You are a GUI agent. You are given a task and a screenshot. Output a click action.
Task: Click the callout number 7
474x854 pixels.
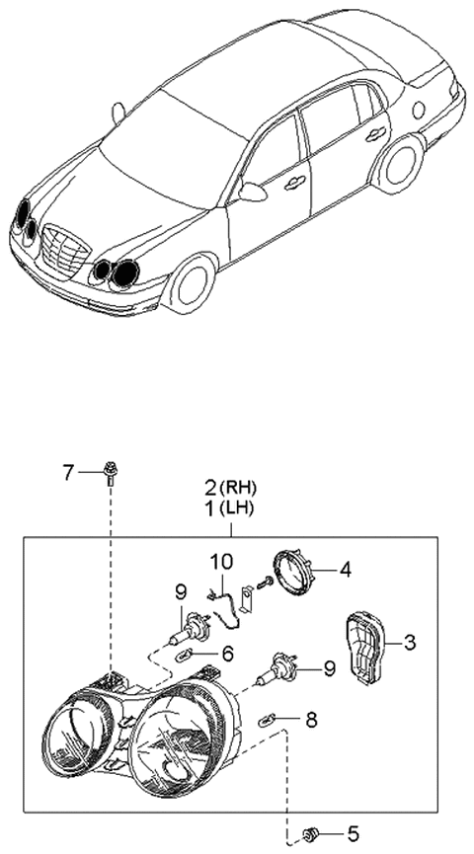pyautogui.click(x=68, y=472)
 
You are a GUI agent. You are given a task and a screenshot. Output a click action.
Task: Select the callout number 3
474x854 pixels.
pyautogui.click(x=409, y=643)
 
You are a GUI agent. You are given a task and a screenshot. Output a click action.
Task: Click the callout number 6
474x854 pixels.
pyautogui.click(x=226, y=654)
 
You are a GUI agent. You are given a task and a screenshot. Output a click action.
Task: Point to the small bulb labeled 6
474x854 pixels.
pyautogui.click(x=185, y=654)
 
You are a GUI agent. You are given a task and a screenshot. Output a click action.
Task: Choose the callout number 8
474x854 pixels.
pyautogui.click(x=311, y=721)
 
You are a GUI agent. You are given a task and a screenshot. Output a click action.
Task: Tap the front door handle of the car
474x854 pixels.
pyautogui.click(x=294, y=182)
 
